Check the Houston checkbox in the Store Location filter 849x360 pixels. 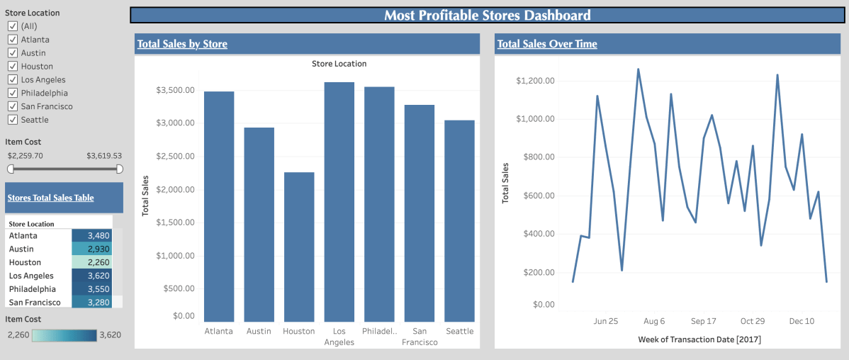[12, 67]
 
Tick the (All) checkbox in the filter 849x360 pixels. [12, 26]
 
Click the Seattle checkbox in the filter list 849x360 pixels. [12, 120]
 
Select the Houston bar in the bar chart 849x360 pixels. [298, 247]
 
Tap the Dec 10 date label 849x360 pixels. [802, 321]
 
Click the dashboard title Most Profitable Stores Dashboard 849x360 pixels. [487, 16]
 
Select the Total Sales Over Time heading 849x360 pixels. [547, 44]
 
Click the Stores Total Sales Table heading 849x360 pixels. [50, 198]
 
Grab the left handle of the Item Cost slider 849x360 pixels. [11, 169]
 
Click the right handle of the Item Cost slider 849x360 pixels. [119, 169]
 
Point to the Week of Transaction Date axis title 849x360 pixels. [699, 340]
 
